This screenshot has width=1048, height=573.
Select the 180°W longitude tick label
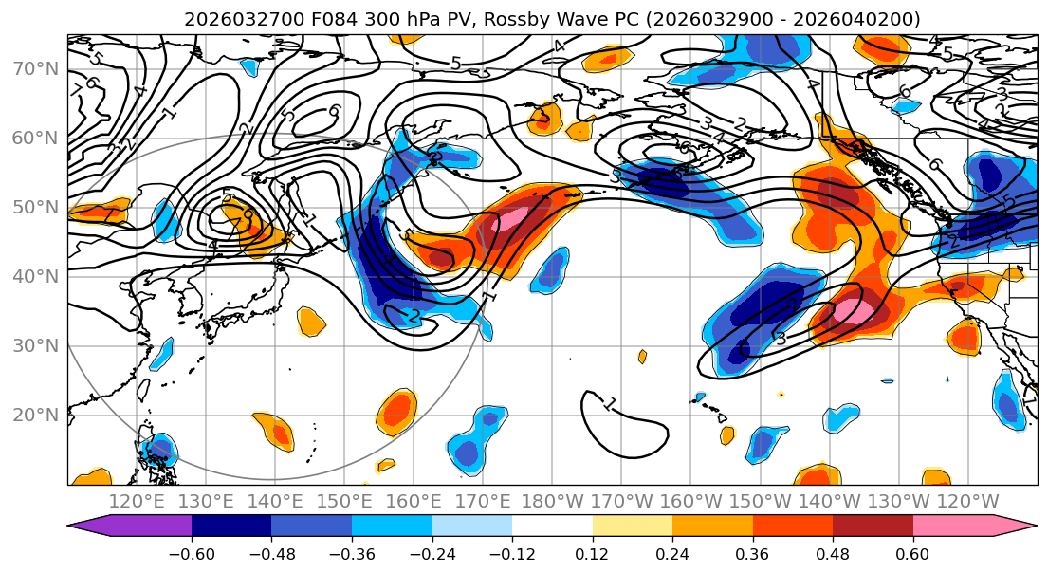pyautogui.click(x=552, y=501)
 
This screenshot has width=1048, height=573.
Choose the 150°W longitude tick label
pyautogui.click(x=760, y=501)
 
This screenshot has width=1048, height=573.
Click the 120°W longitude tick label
pyautogui.click(x=967, y=501)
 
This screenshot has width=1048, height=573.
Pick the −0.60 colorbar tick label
pyautogui.click(x=192, y=553)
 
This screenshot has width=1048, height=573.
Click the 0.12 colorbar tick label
pyautogui.click(x=593, y=553)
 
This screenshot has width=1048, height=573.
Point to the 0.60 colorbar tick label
pyautogui.click(x=913, y=553)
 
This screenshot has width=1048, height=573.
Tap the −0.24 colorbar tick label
pyautogui.click(x=432, y=553)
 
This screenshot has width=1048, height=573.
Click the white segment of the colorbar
pyautogui.click(x=552, y=527)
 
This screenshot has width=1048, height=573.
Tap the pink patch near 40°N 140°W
pyautogui.click(x=850, y=311)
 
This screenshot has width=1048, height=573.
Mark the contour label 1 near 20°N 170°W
pyautogui.click(x=609, y=404)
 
